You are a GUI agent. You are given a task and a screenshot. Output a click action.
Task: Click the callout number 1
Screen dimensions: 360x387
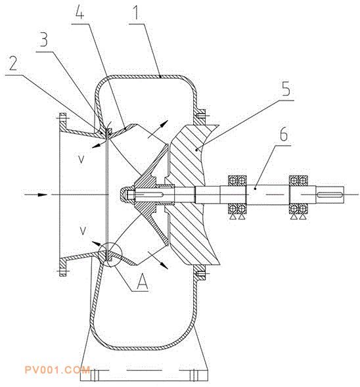pos(136,13)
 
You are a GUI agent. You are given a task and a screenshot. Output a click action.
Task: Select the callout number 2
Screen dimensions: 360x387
pos(13,63)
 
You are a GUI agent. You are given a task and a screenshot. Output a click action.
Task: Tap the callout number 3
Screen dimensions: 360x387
pos(44,40)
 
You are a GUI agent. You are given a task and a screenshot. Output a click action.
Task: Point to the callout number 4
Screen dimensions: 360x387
pos(79,11)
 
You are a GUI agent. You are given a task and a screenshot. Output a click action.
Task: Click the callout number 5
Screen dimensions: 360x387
pos(286,89)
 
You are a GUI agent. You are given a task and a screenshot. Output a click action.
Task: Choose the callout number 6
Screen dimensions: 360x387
pos(284,134)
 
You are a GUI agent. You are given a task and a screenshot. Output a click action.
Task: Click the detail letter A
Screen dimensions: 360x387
pos(143,282)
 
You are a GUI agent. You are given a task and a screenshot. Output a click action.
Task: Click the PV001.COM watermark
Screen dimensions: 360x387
pos(58,370)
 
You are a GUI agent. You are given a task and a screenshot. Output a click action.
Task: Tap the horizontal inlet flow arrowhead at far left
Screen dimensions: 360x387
pos(43,194)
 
